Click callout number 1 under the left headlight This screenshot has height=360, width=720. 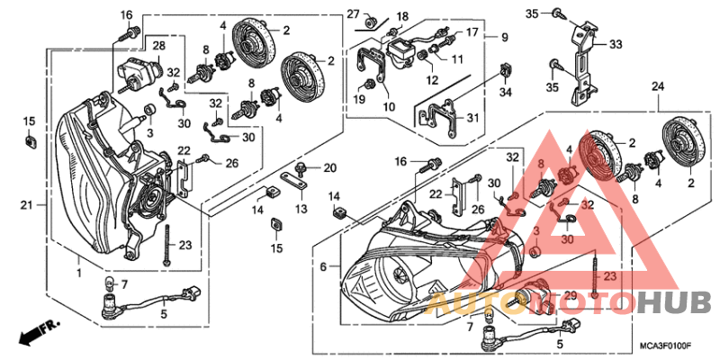[x=81, y=272]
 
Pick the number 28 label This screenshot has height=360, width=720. [x=157, y=45]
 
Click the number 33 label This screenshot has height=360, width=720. [x=616, y=43]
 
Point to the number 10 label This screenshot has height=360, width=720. [x=389, y=106]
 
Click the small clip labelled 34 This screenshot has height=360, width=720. [x=505, y=70]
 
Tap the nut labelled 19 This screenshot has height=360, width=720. [x=369, y=85]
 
